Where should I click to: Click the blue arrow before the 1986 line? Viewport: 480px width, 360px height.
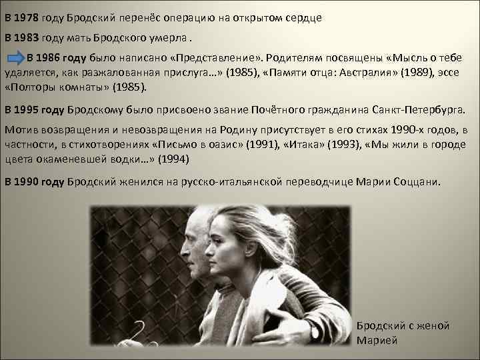pyautogui.click(x=16, y=59)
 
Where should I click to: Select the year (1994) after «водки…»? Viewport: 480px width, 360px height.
pyautogui.click(x=171, y=159)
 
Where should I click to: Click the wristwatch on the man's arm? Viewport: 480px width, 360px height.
pyautogui.click(x=313, y=331)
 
